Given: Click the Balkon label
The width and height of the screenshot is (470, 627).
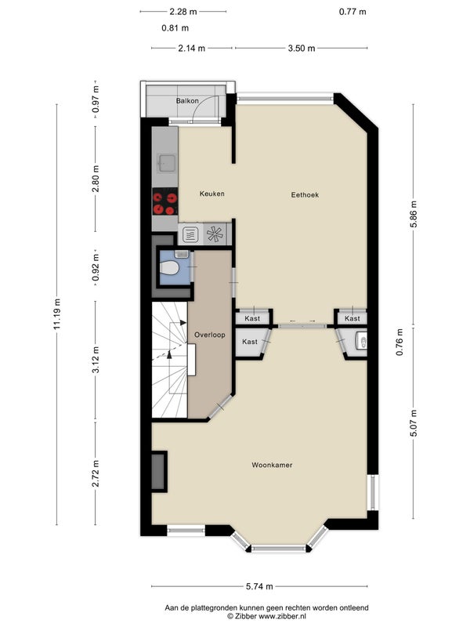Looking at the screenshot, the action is (x=187, y=101).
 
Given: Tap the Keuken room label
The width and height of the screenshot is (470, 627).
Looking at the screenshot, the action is (x=211, y=194).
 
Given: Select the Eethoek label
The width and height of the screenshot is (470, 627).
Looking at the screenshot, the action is (x=305, y=194).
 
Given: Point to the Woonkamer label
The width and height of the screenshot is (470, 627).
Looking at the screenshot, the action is (x=272, y=465).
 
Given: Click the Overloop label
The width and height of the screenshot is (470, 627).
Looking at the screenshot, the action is (x=209, y=335).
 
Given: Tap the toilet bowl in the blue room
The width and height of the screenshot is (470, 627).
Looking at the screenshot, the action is (x=169, y=267).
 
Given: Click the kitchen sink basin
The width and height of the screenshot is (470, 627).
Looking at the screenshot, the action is (x=165, y=163).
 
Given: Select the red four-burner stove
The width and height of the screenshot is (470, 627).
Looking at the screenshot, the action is (x=165, y=201).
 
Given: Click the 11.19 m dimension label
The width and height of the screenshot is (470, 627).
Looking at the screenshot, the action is (x=56, y=314).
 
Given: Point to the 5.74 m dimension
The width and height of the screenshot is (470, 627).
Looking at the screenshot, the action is (x=259, y=586).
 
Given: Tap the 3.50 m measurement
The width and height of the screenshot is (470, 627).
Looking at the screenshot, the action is (x=302, y=49).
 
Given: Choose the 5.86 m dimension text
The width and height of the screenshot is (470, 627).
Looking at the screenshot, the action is (x=414, y=214).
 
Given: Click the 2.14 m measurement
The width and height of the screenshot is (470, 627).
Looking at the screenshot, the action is (x=191, y=49).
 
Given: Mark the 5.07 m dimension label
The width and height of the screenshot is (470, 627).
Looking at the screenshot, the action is (x=414, y=423).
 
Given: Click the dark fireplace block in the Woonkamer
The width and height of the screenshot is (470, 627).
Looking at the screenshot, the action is (x=159, y=472).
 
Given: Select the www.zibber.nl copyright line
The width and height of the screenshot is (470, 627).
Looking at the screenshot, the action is (x=266, y=617).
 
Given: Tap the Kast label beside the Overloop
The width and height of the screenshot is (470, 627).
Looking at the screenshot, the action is (x=250, y=342).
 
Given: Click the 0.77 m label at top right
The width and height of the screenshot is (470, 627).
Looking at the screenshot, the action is (x=352, y=12).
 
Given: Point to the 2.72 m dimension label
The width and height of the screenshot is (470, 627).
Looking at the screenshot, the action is (x=96, y=473).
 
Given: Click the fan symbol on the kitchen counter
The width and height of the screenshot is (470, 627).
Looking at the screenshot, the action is (x=215, y=234).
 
